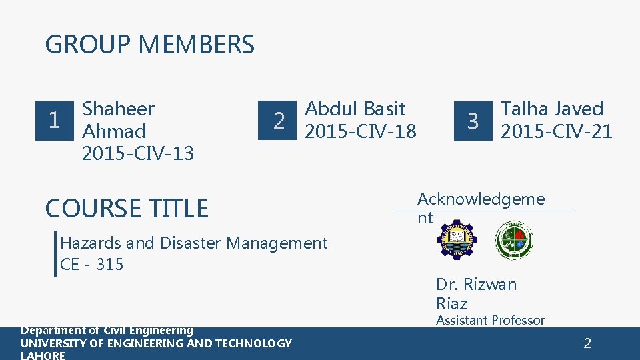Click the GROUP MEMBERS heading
tap(149, 45)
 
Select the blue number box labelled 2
tap(279, 121)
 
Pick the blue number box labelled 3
tap(473, 121)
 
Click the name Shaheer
tap(117, 109)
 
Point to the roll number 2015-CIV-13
tap(137, 153)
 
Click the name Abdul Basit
tap(355, 109)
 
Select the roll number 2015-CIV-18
tap(360, 131)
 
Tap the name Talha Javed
tap(552, 109)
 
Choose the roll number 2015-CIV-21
tap(556, 131)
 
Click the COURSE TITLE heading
tap(127, 209)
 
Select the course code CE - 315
tap(91, 265)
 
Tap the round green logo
tap(514, 240)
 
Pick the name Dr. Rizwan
tap(476, 285)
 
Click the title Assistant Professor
tap(490, 321)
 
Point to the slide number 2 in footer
tap(587, 344)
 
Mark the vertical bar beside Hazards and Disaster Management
tap(55, 253)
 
